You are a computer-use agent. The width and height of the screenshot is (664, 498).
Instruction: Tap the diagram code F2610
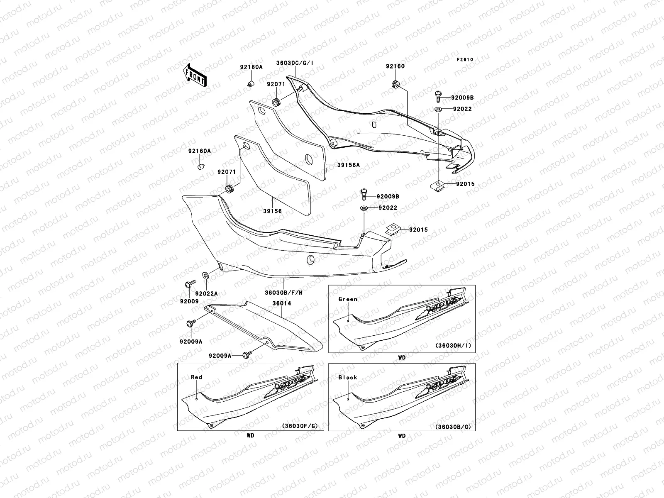(465, 60)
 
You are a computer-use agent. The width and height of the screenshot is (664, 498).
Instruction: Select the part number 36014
(281, 303)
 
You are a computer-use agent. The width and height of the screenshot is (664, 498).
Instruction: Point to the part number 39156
(272, 211)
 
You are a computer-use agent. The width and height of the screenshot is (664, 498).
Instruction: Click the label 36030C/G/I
(295, 63)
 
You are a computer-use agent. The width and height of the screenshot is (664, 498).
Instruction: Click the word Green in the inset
(347, 299)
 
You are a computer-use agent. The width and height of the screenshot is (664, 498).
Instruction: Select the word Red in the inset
(196, 377)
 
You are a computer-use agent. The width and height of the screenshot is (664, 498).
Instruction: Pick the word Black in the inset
(347, 377)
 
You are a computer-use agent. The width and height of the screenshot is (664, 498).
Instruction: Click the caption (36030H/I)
(453, 345)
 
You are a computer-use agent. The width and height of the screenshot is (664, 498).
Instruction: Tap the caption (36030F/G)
(301, 426)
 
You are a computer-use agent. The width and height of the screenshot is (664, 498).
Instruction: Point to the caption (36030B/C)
(453, 426)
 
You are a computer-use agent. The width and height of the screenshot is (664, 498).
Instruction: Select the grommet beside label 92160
(395, 83)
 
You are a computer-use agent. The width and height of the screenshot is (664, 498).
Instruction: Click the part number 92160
(395, 66)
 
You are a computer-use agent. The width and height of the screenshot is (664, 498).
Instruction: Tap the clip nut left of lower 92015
(391, 228)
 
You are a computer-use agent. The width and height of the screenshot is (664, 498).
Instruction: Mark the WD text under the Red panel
(250, 436)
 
